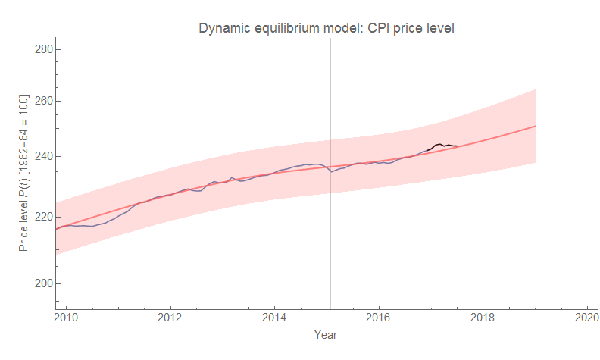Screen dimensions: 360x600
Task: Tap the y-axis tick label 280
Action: (43, 49)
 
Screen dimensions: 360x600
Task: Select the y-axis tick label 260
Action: (43, 101)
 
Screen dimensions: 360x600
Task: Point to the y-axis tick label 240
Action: (43, 157)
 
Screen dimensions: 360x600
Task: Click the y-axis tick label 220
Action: (43, 217)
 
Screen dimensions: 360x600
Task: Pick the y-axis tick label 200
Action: (43, 283)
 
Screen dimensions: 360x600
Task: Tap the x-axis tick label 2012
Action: (170, 318)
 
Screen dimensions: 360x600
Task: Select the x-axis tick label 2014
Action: (275, 318)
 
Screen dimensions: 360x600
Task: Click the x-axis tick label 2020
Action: (587, 318)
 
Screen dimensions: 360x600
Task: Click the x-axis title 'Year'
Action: (326, 334)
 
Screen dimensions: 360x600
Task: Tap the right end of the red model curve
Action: (536, 126)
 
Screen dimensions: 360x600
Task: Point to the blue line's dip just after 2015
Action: (331, 172)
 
